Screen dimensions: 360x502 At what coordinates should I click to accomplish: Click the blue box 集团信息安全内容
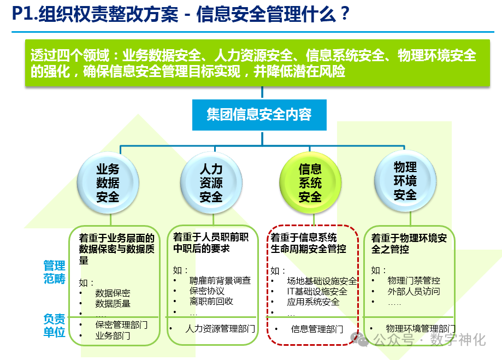coord(259,115)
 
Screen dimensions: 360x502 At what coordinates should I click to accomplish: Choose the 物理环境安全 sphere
coord(405,181)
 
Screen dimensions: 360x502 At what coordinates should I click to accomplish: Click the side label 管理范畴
coord(54,272)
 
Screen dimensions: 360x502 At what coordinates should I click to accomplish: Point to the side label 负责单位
coord(54,324)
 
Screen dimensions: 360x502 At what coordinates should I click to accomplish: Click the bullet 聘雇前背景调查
coord(220,281)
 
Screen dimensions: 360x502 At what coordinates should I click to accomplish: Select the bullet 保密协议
coord(207,291)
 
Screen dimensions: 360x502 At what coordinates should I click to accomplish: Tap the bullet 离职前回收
coord(211,302)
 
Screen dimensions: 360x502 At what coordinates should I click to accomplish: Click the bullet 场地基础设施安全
coord(322,281)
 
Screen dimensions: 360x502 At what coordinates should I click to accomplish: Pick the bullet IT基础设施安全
coord(317,292)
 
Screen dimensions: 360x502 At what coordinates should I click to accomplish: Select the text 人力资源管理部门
coord(220,329)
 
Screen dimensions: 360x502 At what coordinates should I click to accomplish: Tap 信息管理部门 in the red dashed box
coord(317,329)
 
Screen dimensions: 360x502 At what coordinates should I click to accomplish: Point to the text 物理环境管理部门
coord(421,329)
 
